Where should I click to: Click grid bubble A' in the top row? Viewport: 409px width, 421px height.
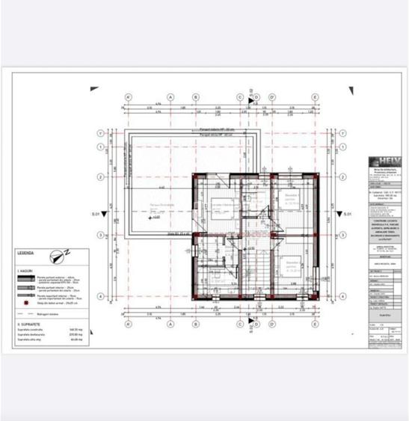pyautogui.click(x=129, y=97)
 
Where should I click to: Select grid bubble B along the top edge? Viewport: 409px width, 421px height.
pyautogui.click(x=196, y=97)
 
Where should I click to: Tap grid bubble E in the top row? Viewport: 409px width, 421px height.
pyautogui.click(x=316, y=97)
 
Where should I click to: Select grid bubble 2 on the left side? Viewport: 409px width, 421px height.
pyautogui.click(x=100, y=177)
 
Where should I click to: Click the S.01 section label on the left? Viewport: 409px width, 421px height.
pyautogui.click(x=96, y=215)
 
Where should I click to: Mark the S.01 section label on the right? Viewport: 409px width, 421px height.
pyautogui.click(x=348, y=215)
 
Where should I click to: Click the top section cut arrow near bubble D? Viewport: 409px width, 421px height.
pyautogui.click(x=253, y=90)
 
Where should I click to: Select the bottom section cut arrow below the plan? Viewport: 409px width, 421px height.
pyautogui.click(x=253, y=337)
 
